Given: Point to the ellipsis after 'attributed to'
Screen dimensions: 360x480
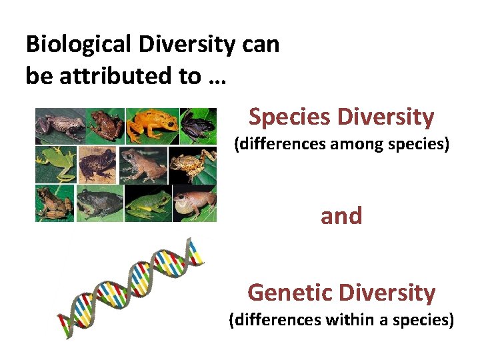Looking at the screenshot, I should point(217,77).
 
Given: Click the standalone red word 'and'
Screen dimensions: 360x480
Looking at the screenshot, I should point(341,216).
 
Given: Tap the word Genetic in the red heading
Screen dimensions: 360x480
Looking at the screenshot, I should point(289,293).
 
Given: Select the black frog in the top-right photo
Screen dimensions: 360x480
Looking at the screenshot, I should point(199,125).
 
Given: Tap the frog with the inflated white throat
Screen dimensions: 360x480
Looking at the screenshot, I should point(194,203).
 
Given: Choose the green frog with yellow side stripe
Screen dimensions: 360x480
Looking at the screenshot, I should point(148,203).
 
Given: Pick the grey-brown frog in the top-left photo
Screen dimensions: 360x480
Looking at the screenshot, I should point(60,125).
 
